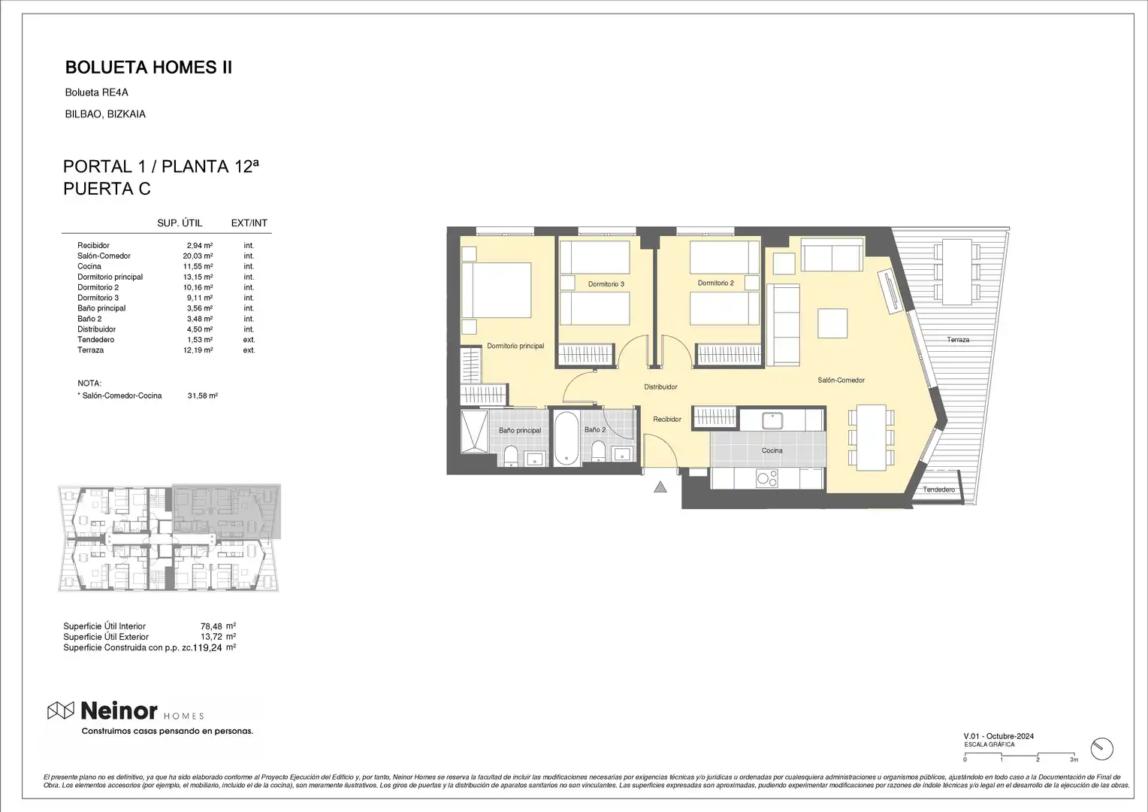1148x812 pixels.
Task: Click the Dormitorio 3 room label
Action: pos(606,283)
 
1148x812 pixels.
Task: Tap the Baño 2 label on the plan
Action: pos(595,429)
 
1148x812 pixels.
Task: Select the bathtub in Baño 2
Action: pos(566,438)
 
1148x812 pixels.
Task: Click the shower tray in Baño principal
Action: pos(474,431)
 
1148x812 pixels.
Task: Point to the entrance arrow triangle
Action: pos(660,486)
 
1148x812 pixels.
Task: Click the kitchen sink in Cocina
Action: pos(772,420)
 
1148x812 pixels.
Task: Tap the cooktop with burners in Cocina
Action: pos(766,479)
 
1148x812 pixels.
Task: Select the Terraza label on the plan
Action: pos(958,340)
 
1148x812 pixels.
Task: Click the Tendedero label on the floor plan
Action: pos(939,489)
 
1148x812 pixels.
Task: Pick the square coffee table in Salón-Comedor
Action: pos(832,323)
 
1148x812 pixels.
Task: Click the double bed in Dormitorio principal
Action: pos(496,289)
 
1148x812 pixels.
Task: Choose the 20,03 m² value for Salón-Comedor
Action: pos(198,256)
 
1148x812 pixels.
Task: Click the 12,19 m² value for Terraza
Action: pos(198,350)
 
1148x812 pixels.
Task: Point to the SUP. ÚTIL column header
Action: pos(180,223)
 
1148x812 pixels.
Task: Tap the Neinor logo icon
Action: pos(61,710)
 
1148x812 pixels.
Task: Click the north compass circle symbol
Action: pos(1102,749)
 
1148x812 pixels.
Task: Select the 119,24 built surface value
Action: pos(207,648)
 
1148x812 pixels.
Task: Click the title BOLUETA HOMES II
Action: pos(149,68)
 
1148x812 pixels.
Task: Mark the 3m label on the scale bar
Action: pos(1074,759)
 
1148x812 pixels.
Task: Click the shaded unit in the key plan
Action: pos(225,511)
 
